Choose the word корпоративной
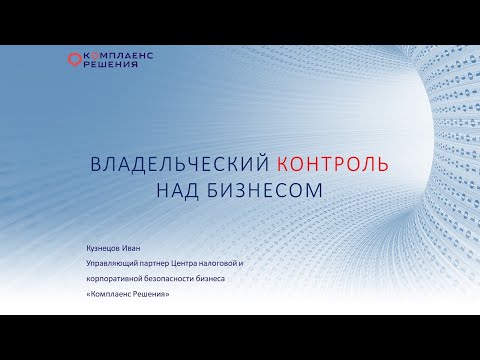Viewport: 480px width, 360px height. tap(113, 279)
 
